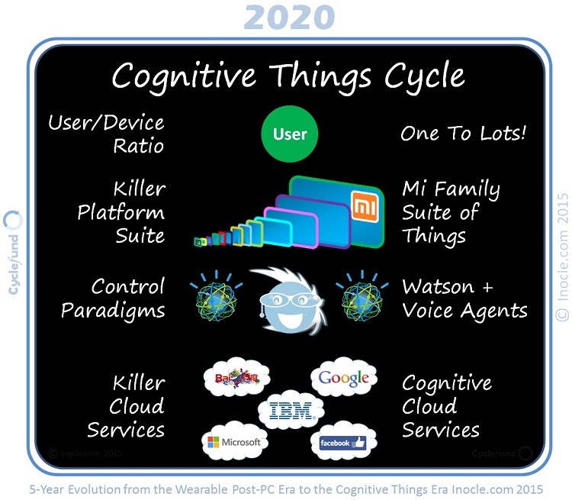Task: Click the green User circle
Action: pos(290,134)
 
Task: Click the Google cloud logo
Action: pos(344,378)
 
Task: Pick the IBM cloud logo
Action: pos(291,411)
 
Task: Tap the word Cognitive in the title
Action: pos(188,76)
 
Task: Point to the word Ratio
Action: pos(138,145)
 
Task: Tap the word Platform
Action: pos(121,212)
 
